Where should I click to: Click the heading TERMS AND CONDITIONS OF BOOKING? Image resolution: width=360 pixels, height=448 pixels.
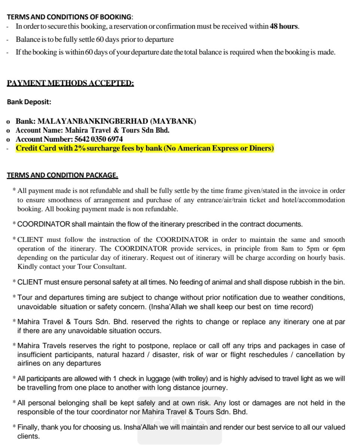click(70, 17)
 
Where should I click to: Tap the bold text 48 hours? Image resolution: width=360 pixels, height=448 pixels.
click(284, 27)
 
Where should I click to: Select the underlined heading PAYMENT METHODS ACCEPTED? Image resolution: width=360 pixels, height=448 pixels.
click(70, 83)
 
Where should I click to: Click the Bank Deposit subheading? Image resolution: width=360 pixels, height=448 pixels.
click(29, 102)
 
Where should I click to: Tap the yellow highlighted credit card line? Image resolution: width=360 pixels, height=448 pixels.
click(145, 148)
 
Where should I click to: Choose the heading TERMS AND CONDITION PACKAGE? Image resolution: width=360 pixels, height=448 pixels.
click(62, 175)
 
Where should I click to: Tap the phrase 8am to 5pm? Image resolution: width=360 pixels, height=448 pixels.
click(298, 249)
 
